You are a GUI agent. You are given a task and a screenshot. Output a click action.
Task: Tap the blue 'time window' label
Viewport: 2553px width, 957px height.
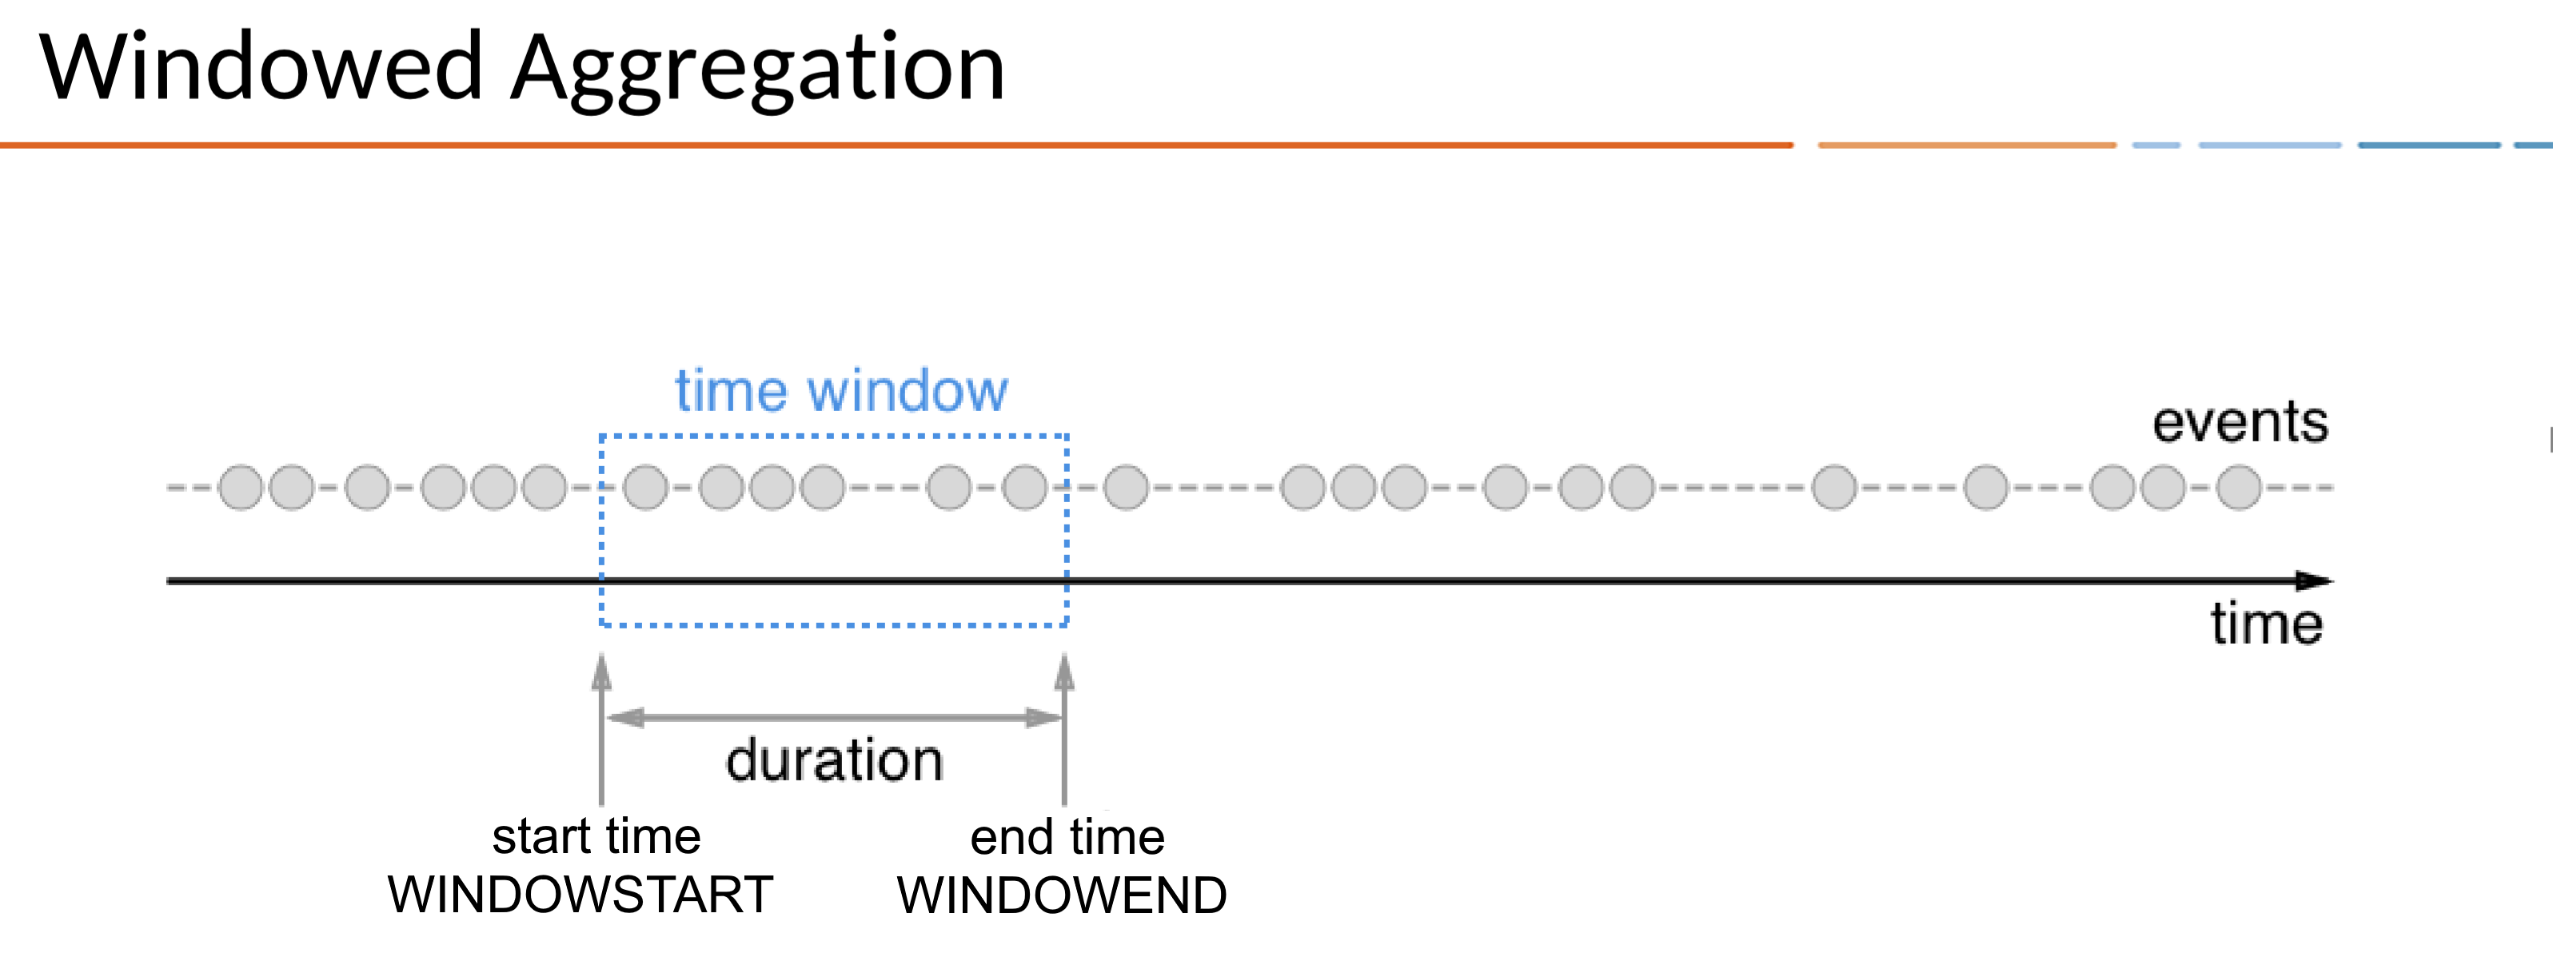coord(841,390)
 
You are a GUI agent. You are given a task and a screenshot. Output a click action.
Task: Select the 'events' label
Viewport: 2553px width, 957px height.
coord(2240,422)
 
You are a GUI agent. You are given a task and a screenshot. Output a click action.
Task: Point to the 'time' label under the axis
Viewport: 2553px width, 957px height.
coord(2266,624)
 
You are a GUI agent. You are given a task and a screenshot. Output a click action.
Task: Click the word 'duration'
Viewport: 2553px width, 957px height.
coord(835,761)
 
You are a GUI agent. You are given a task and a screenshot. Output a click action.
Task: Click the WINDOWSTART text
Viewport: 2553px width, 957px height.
coord(580,895)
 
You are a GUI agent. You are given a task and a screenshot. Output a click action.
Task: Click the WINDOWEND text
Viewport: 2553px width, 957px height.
coord(1062,895)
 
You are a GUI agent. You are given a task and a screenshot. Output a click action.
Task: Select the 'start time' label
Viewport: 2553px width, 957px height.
coord(596,836)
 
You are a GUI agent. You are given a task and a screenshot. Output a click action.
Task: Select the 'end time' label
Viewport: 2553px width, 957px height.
coord(1067,837)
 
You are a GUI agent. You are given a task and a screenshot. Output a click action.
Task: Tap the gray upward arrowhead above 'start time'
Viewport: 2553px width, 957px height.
coord(601,672)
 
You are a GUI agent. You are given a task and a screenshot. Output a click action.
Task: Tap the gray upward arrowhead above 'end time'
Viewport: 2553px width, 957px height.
coord(1064,672)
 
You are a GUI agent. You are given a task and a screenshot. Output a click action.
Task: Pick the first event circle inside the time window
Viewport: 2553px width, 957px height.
coord(646,488)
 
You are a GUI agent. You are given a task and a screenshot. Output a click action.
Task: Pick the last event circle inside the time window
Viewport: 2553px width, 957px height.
coord(1025,488)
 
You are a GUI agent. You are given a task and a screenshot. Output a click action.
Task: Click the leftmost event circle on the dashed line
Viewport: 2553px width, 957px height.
coord(240,488)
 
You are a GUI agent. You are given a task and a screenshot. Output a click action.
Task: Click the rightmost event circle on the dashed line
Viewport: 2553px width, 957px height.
coord(2239,488)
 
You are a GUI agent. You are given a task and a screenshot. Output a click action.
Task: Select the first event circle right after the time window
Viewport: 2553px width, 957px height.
coord(1126,488)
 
